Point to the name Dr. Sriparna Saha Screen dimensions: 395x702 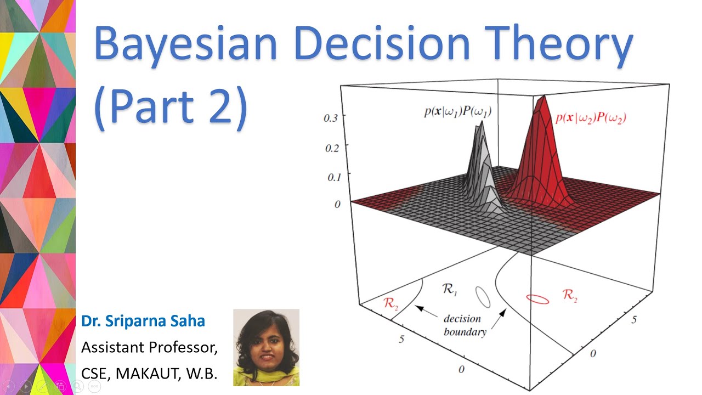click(x=143, y=321)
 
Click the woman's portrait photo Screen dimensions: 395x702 click(x=266, y=347)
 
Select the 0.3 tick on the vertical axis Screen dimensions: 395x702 click(x=332, y=117)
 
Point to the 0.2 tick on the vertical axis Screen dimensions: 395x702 click(x=332, y=147)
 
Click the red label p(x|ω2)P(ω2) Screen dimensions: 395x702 click(x=591, y=117)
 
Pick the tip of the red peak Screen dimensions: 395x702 click(x=543, y=97)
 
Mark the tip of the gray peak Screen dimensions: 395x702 click(x=481, y=122)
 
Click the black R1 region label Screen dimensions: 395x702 click(x=450, y=289)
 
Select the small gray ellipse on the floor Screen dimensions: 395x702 click(x=483, y=297)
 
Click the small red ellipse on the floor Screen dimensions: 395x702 click(x=537, y=299)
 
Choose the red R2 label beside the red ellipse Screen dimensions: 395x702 click(x=570, y=296)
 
